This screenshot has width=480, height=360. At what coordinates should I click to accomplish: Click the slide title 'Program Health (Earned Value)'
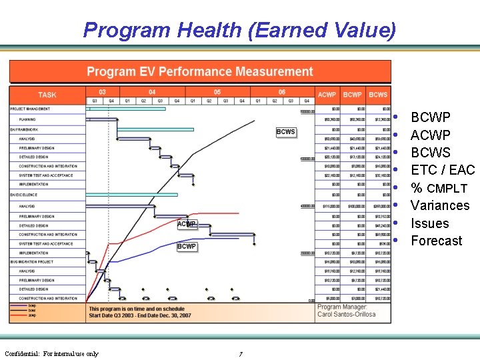[x=239, y=30]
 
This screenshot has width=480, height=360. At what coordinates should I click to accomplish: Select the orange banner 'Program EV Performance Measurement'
[x=200, y=72]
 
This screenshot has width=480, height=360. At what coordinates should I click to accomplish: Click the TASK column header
[x=47, y=95]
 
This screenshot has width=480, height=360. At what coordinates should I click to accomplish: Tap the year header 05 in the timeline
[x=217, y=92]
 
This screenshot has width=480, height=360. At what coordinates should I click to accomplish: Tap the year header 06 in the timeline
[x=282, y=92]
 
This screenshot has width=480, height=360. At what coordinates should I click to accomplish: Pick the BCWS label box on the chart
[x=285, y=131]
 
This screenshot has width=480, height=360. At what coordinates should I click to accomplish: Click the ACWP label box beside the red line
[x=187, y=224]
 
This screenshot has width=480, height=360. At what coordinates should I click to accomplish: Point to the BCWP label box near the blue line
[x=187, y=246]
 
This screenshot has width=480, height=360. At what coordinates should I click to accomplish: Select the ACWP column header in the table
[x=327, y=95]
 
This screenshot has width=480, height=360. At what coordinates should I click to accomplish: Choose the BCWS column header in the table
[x=378, y=95]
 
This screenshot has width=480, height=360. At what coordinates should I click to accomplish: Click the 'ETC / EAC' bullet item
[x=443, y=170]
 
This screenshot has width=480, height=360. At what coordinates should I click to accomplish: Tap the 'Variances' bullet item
[x=440, y=205]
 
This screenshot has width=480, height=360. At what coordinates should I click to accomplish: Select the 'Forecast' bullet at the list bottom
[x=436, y=241]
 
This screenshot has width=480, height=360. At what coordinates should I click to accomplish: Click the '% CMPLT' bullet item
[x=439, y=188]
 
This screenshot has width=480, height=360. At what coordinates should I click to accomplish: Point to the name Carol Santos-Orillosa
[x=347, y=314]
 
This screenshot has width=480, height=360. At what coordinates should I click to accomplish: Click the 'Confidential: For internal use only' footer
[x=51, y=353]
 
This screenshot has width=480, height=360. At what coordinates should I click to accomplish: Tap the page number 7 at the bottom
[x=240, y=354]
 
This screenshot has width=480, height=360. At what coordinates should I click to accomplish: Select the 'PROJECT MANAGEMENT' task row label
[x=30, y=109]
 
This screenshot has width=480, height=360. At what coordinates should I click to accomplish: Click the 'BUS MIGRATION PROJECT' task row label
[x=32, y=263]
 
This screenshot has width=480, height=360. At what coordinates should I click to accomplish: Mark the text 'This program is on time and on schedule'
[x=137, y=309]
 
